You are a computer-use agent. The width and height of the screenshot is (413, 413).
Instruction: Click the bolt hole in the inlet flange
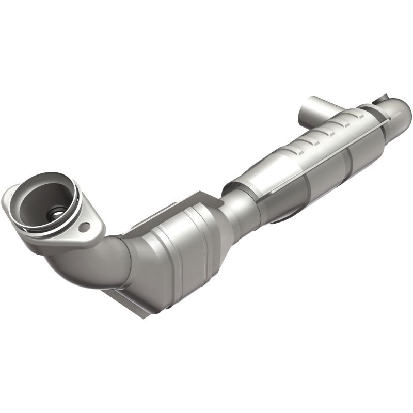(85, 225)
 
